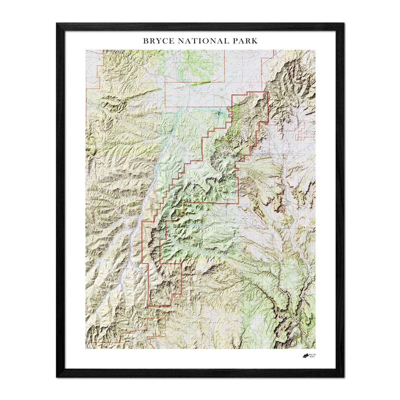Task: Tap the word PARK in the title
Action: click(245, 41)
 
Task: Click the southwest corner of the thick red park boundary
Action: click(148, 305)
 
